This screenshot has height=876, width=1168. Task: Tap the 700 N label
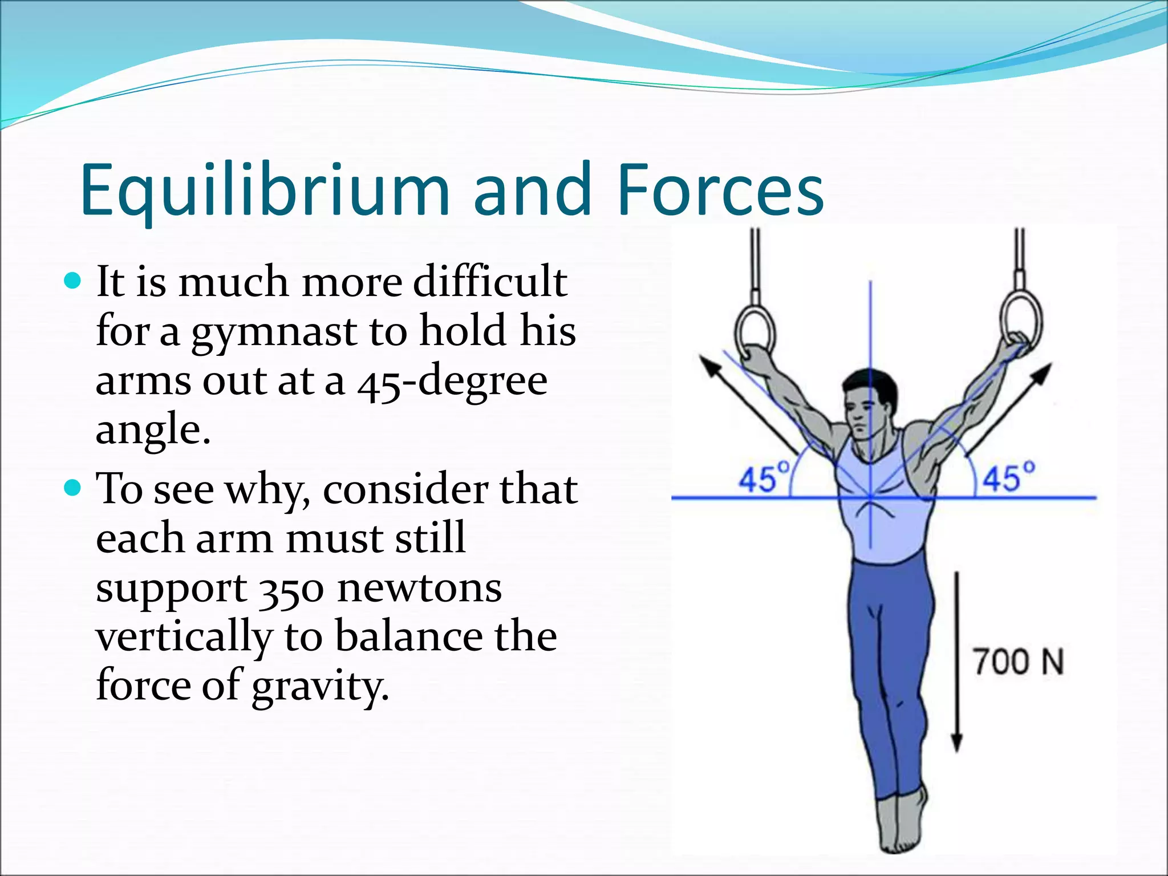(x=1018, y=662)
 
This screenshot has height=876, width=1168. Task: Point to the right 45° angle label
(x=1009, y=477)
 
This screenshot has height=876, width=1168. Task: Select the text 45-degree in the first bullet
(x=452, y=381)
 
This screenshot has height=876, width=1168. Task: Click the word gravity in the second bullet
(x=320, y=686)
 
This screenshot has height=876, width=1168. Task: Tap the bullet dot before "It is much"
(x=74, y=281)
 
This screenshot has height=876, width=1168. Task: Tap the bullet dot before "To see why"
(x=74, y=488)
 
